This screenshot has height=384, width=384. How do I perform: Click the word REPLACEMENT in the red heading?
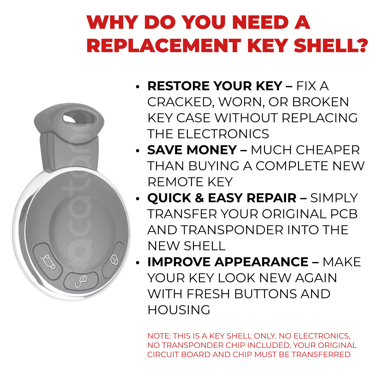tap(164, 45)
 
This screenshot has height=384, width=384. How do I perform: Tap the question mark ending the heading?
tap(360, 45)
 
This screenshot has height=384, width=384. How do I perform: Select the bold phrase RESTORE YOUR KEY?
tap(215, 86)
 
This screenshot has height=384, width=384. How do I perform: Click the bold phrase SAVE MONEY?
tap(192, 150)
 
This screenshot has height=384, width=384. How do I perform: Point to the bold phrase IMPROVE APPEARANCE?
tap(228, 262)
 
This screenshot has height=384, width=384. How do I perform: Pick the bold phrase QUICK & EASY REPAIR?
tap(222, 198)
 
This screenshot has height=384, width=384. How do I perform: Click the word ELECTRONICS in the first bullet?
tap(223, 134)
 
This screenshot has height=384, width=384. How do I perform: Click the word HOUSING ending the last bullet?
tap(179, 310)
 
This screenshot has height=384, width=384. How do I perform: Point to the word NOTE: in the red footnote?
tap(159, 336)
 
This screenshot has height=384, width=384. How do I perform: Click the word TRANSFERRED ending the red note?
tap(321, 355)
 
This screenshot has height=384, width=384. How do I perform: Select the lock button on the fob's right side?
tap(114, 260)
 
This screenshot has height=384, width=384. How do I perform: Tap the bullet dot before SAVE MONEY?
tap(138, 151)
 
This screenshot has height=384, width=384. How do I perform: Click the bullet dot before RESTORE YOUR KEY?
tap(138, 87)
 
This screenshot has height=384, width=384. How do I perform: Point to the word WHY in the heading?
tap(113, 22)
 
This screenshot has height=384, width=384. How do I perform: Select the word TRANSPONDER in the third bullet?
tap(232, 230)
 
